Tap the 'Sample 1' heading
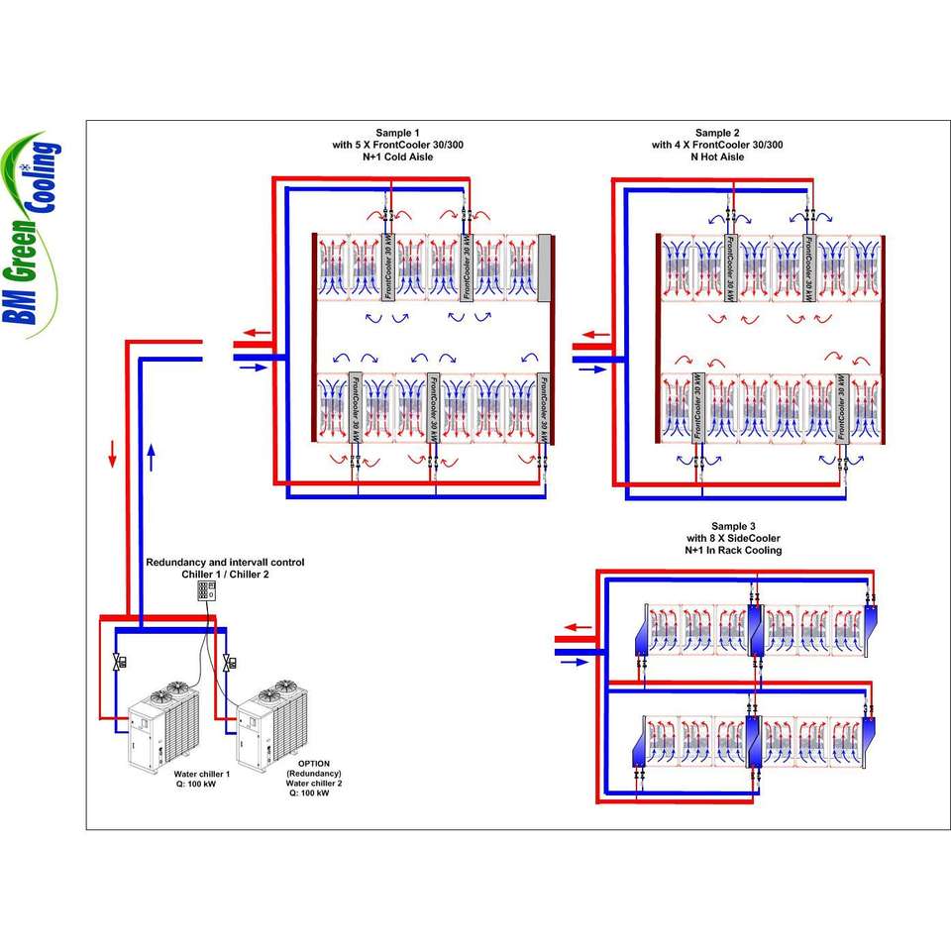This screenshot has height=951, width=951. (x=397, y=133)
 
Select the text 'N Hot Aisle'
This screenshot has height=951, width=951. (x=717, y=157)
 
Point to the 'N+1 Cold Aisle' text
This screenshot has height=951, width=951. (x=397, y=157)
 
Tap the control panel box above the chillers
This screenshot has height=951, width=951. (x=206, y=590)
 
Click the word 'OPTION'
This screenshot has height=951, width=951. (x=313, y=764)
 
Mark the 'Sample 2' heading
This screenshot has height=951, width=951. (x=717, y=133)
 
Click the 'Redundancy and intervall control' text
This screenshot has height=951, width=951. (x=225, y=563)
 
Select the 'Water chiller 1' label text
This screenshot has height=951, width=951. (x=202, y=774)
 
